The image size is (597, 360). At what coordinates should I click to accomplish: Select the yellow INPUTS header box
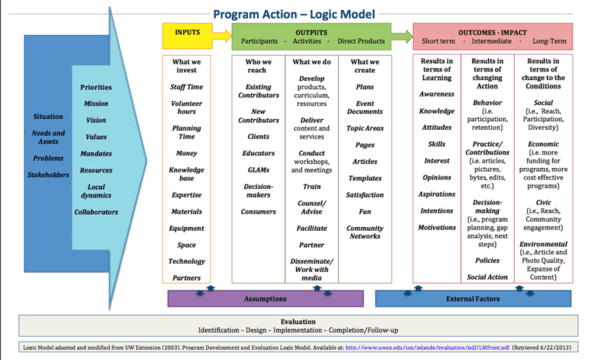point(187,36)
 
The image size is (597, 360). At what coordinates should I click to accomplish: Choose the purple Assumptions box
point(265,299)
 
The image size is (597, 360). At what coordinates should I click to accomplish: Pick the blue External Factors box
point(473,299)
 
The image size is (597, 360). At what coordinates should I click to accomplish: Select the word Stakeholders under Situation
point(47,175)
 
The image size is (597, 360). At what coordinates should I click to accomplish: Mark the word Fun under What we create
point(364,211)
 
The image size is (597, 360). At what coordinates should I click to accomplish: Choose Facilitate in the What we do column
point(311,229)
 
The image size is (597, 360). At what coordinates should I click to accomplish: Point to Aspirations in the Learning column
point(436,194)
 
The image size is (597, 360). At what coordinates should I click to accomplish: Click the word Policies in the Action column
point(487,260)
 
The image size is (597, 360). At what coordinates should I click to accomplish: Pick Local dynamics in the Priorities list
point(96,191)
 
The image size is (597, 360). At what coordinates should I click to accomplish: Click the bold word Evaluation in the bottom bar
point(298,321)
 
